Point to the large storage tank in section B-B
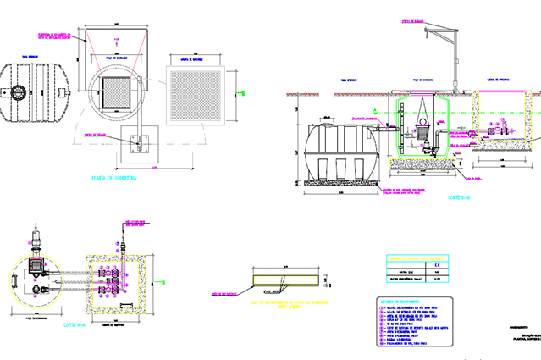342,152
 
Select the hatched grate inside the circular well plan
116,94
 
